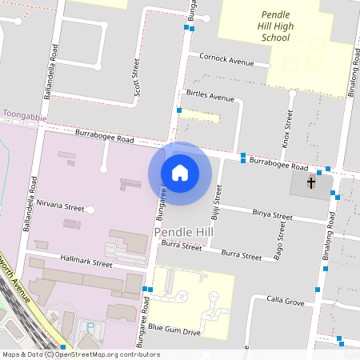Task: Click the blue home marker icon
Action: coord(179,173)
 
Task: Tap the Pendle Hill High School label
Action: coord(286,26)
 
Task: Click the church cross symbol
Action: coord(311,183)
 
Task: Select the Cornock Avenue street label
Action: coord(226,61)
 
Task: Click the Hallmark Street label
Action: coord(86,262)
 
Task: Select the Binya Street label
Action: coord(272,214)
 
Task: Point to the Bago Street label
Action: coord(279,237)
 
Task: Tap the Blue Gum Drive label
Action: coord(174,329)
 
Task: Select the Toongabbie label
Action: coord(21,115)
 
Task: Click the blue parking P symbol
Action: coord(90,326)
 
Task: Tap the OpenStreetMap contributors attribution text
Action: coord(81,354)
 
